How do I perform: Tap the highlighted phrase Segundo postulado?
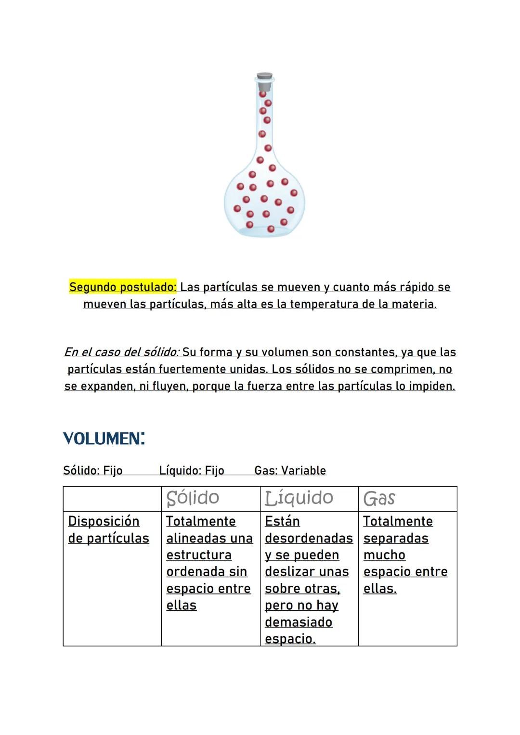[x=123, y=287]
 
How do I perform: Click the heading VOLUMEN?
[x=104, y=438]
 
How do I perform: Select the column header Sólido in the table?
[x=193, y=498]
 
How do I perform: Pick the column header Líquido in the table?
[x=299, y=498]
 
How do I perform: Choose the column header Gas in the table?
[x=379, y=499]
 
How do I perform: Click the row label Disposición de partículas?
[x=108, y=529]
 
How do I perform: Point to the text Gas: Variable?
[x=290, y=470]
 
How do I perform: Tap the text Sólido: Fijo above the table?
[x=92, y=470]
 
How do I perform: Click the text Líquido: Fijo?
[x=192, y=470]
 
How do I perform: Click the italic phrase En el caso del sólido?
[x=122, y=352]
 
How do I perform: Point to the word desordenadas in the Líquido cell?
[x=309, y=538]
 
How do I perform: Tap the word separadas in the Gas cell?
[x=396, y=538]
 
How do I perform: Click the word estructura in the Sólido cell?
[x=199, y=555]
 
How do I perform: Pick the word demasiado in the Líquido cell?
[x=299, y=622]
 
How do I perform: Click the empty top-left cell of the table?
[x=112, y=499]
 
